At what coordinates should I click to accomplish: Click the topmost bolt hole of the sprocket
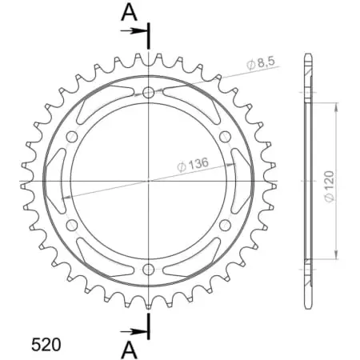(x=149, y=94)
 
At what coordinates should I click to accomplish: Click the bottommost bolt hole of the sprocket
(x=149, y=270)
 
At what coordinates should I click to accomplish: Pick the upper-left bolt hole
(x=73, y=138)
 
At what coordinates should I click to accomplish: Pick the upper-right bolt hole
(x=225, y=138)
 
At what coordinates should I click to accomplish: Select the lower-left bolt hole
(x=73, y=226)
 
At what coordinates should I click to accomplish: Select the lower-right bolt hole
(x=225, y=226)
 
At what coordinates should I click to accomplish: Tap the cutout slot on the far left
(x=55, y=182)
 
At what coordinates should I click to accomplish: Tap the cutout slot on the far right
(x=242, y=182)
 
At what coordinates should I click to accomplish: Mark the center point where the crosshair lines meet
(x=149, y=182)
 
